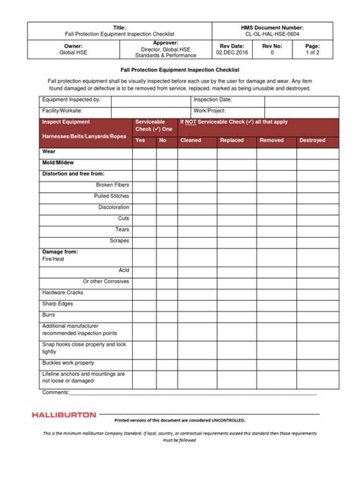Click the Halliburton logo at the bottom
click(65, 415)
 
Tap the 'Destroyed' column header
click(312, 141)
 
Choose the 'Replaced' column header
click(232, 141)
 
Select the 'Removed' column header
click(271, 141)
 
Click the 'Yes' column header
click(141, 141)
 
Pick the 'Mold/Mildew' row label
click(58, 163)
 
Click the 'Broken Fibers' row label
click(112, 185)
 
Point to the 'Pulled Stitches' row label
click(112, 196)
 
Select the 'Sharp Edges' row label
click(57, 303)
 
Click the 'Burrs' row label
click(49, 314)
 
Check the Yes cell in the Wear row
click(144, 152)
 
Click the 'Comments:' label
click(55, 393)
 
